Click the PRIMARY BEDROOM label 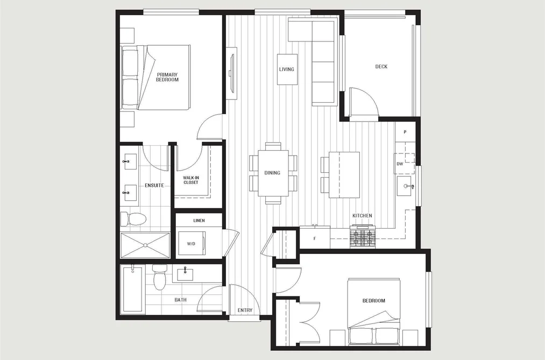pos(167,77)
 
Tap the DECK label pos(381,66)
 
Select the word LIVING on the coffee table pos(287,69)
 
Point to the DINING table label pos(272,173)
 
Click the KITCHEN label pos(362,215)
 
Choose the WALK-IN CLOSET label pos(191,180)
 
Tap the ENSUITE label pos(154,185)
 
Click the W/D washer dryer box pos(192,244)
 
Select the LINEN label pos(199,220)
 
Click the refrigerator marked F pos(315,238)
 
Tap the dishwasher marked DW pos(404,164)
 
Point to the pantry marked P pos(405,132)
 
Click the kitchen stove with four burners pos(363,236)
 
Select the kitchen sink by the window pos(405,186)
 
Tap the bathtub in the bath pos(132,289)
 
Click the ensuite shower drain pos(145,245)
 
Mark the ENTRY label pos(245,310)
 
